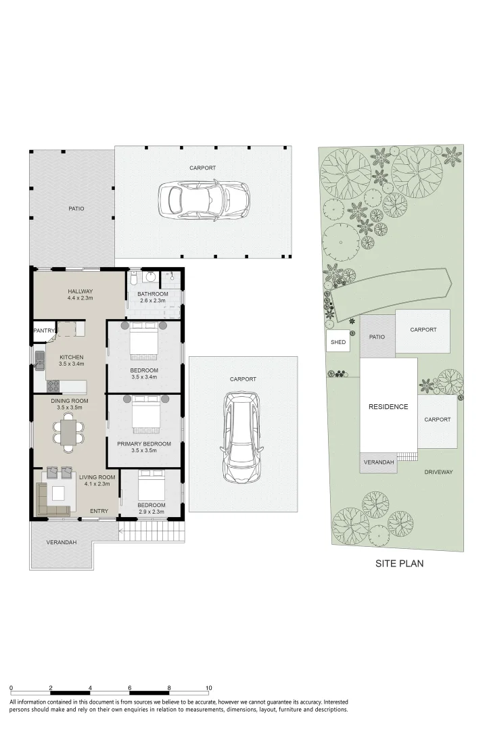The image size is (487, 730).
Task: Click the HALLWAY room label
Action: [x=80, y=291]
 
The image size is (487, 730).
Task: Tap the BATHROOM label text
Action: [x=152, y=294]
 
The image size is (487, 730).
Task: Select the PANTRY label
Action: [x=45, y=331]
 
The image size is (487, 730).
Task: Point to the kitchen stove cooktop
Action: [x=53, y=387]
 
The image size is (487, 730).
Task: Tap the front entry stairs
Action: [x=150, y=531]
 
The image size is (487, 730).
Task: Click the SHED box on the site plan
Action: [x=338, y=342]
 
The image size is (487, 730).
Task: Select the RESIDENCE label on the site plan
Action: [x=388, y=407]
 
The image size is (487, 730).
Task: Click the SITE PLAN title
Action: [x=399, y=563]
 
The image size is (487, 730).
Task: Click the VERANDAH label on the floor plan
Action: [x=60, y=543]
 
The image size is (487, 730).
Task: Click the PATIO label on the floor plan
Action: [x=76, y=209]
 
